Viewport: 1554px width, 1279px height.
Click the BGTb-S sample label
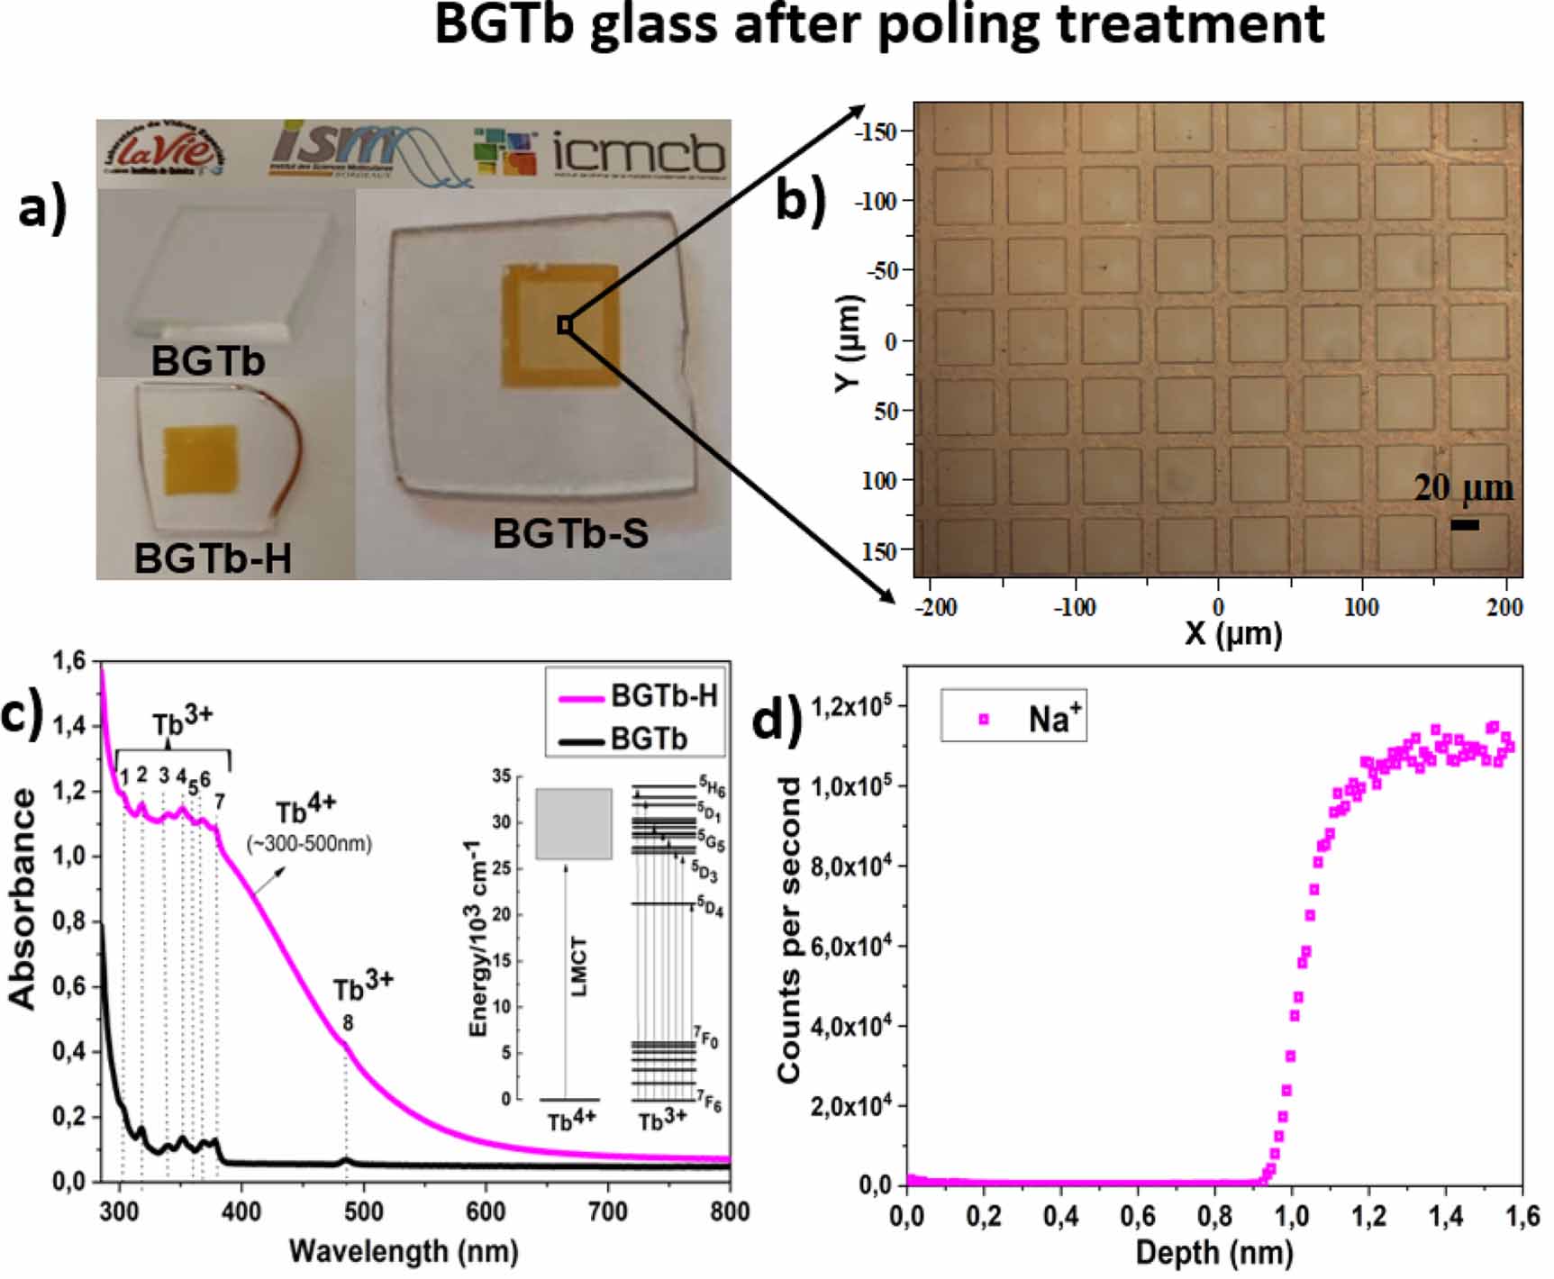tap(570, 534)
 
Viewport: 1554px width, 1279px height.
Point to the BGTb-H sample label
tap(213, 559)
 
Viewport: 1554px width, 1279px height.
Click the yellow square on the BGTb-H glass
tap(200, 459)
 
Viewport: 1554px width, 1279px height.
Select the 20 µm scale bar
tap(1464, 524)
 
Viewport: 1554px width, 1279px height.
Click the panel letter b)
tap(800, 200)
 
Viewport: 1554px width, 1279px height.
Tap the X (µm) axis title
tap(1233, 633)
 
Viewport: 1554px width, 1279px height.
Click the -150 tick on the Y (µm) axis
tap(877, 132)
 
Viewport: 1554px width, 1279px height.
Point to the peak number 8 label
tap(348, 1023)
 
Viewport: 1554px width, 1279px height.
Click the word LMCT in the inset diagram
tap(578, 966)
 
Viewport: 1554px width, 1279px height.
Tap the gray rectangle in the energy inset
tap(574, 823)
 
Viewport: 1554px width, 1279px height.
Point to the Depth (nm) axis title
tap(1213, 1253)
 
